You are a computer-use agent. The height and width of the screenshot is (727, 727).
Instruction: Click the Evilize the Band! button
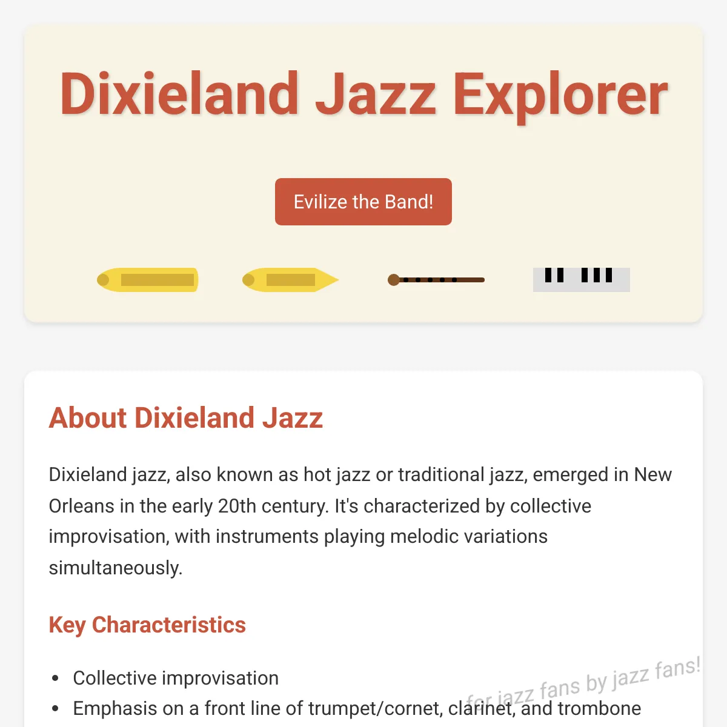tap(363, 202)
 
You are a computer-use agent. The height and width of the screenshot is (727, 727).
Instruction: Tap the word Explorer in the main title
tap(560, 98)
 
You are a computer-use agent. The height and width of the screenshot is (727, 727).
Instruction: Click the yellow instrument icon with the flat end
tap(147, 280)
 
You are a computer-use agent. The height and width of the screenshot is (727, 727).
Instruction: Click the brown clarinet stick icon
tap(436, 280)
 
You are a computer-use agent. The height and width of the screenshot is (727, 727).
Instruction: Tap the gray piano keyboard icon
tap(582, 279)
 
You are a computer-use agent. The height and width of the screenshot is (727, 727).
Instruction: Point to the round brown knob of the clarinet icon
tap(394, 280)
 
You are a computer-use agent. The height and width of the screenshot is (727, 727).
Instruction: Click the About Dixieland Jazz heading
tap(185, 418)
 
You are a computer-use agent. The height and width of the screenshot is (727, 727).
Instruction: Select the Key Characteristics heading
tap(147, 625)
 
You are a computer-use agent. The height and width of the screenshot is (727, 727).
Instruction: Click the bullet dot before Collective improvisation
tap(56, 679)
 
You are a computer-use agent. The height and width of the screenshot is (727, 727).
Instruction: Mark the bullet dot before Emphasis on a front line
tap(56, 708)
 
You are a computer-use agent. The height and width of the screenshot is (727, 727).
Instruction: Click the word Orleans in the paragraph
tap(82, 506)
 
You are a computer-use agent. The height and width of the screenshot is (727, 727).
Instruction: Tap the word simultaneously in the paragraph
tap(116, 568)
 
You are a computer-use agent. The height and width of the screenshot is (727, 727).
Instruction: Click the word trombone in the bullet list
tap(600, 708)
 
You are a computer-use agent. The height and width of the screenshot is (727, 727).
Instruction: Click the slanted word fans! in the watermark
tap(678, 668)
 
